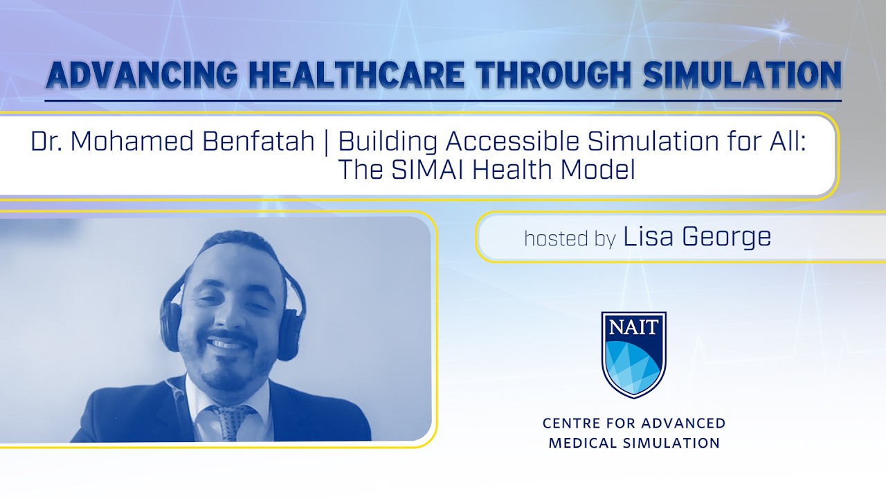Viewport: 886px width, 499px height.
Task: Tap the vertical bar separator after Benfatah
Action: (327, 143)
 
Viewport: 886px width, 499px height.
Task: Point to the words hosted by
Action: (570, 239)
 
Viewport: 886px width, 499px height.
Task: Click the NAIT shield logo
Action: (633, 354)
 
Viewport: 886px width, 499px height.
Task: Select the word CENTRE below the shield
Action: (571, 423)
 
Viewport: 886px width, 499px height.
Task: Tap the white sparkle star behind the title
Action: (784, 28)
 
